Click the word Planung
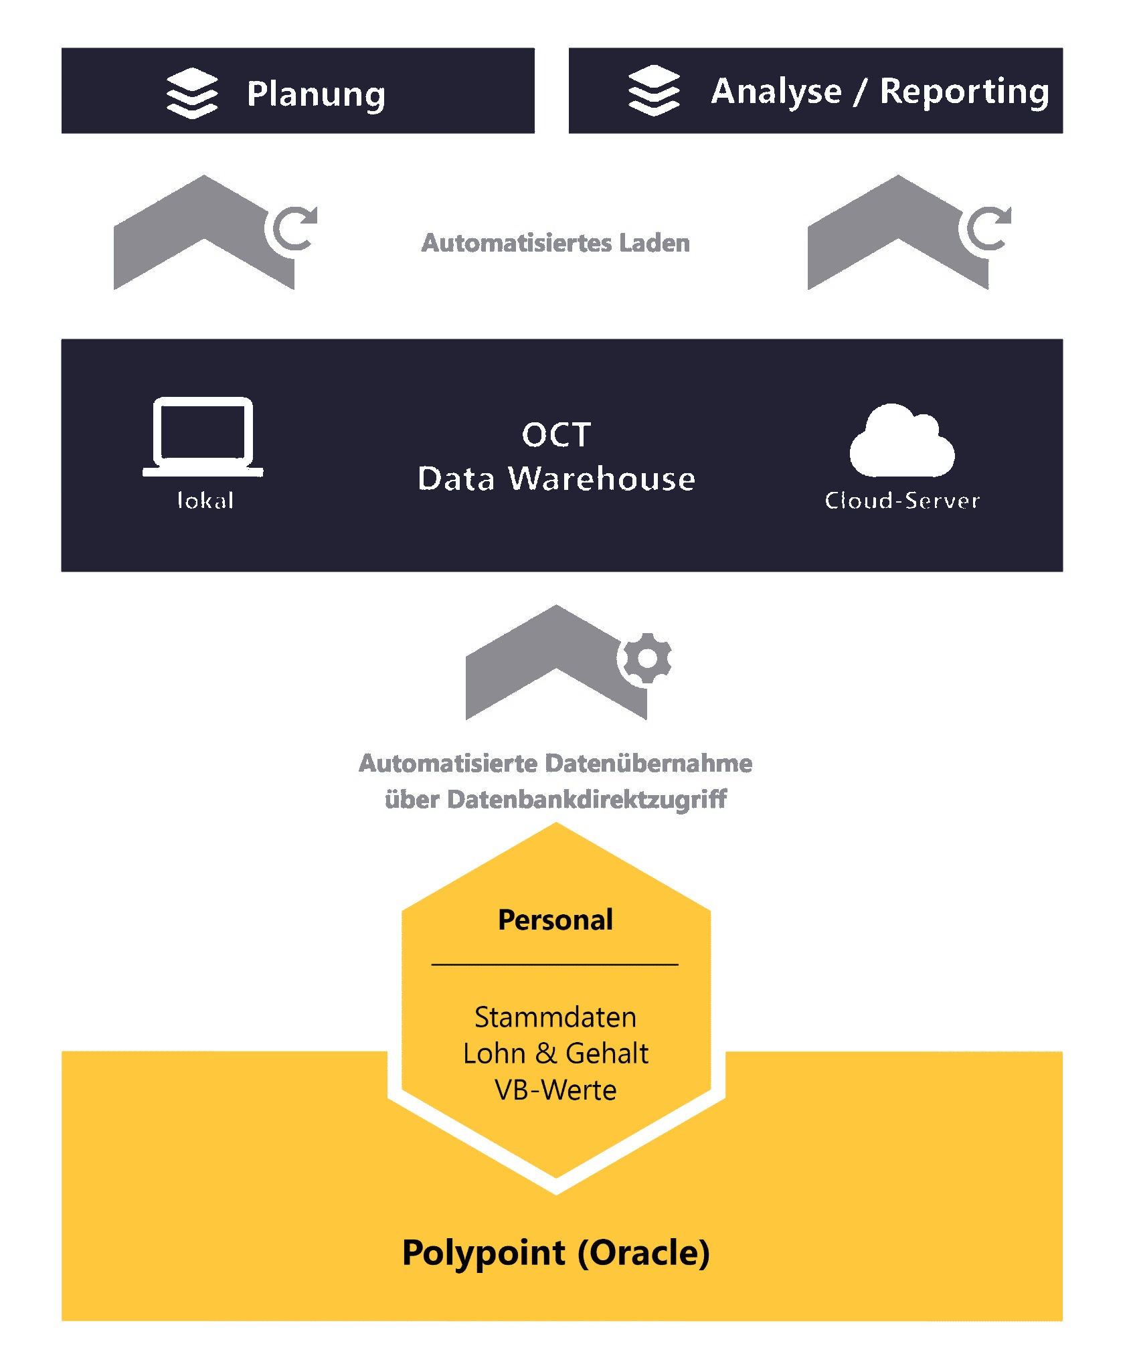pyautogui.click(x=316, y=94)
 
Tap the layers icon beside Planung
pyautogui.click(x=192, y=93)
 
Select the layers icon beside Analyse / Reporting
pyautogui.click(x=654, y=90)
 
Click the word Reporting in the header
pyautogui.click(x=964, y=92)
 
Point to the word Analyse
pyautogui.click(x=776, y=92)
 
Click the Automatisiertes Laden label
pyautogui.click(x=555, y=243)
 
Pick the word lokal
pyautogui.click(x=205, y=501)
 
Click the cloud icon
pyautogui.click(x=901, y=441)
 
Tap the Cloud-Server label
pyautogui.click(x=902, y=501)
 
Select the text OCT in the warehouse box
pyautogui.click(x=556, y=435)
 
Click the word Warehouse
pyautogui.click(x=602, y=479)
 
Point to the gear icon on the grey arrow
pyautogui.click(x=646, y=658)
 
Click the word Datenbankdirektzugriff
pyautogui.click(x=587, y=799)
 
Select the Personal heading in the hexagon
pyautogui.click(x=555, y=920)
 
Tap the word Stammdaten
pyautogui.click(x=555, y=1017)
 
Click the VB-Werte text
pyautogui.click(x=555, y=1090)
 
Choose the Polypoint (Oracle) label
pyautogui.click(x=555, y=1253)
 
